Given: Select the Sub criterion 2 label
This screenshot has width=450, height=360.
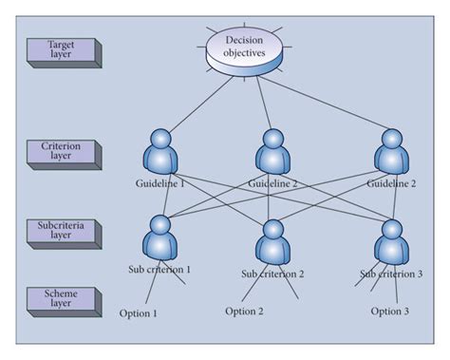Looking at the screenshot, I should (x=272, y=275).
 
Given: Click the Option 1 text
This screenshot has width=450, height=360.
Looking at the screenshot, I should (x=139, y=313).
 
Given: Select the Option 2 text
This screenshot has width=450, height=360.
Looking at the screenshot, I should (x=245, y=311).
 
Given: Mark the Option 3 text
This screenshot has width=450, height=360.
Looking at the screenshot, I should (x=390, y=312).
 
